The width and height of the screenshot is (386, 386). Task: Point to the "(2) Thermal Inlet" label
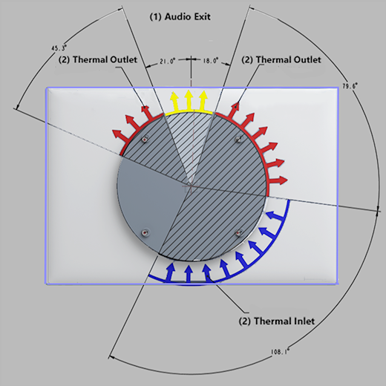pyautogui.click(x=276, y=321)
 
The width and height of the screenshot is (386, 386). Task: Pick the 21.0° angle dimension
pyautogui.click(x=169, y=62)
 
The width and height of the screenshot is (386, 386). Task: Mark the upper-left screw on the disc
pyautogui.click(x=145, y=139)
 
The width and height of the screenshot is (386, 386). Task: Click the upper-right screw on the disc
pyautogui.click(x=238, y=139)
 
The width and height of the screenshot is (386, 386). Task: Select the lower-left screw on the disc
pyautogui.click(x=145, y=232)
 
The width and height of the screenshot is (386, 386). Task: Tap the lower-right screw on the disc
pyautogui.click(x=238, y=232)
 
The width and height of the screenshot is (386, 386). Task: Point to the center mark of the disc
pyautogui.click(x=191, y=185)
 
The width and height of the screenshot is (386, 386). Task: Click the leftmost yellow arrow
pyautogui.click(x=176, y=100)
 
